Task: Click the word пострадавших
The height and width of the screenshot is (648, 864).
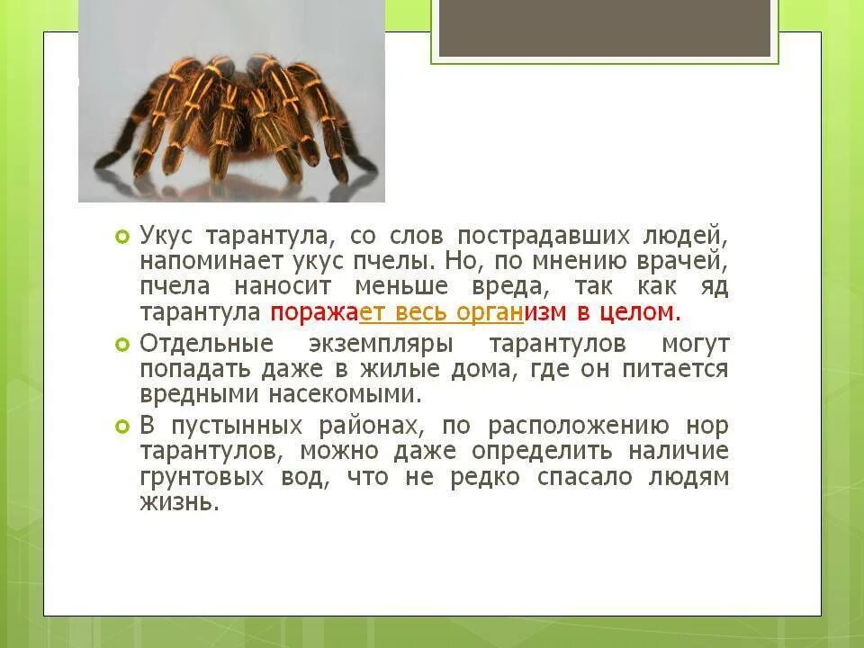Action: coord(539,236)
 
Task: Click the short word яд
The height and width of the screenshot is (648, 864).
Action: coord(712,288)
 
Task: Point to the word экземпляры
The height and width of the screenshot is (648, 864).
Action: coord(377,344)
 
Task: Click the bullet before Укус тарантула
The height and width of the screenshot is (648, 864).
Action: coord(122,237)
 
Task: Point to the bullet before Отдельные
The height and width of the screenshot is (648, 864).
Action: coord(122,345)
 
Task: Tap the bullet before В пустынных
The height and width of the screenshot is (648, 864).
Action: coord(122,427)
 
